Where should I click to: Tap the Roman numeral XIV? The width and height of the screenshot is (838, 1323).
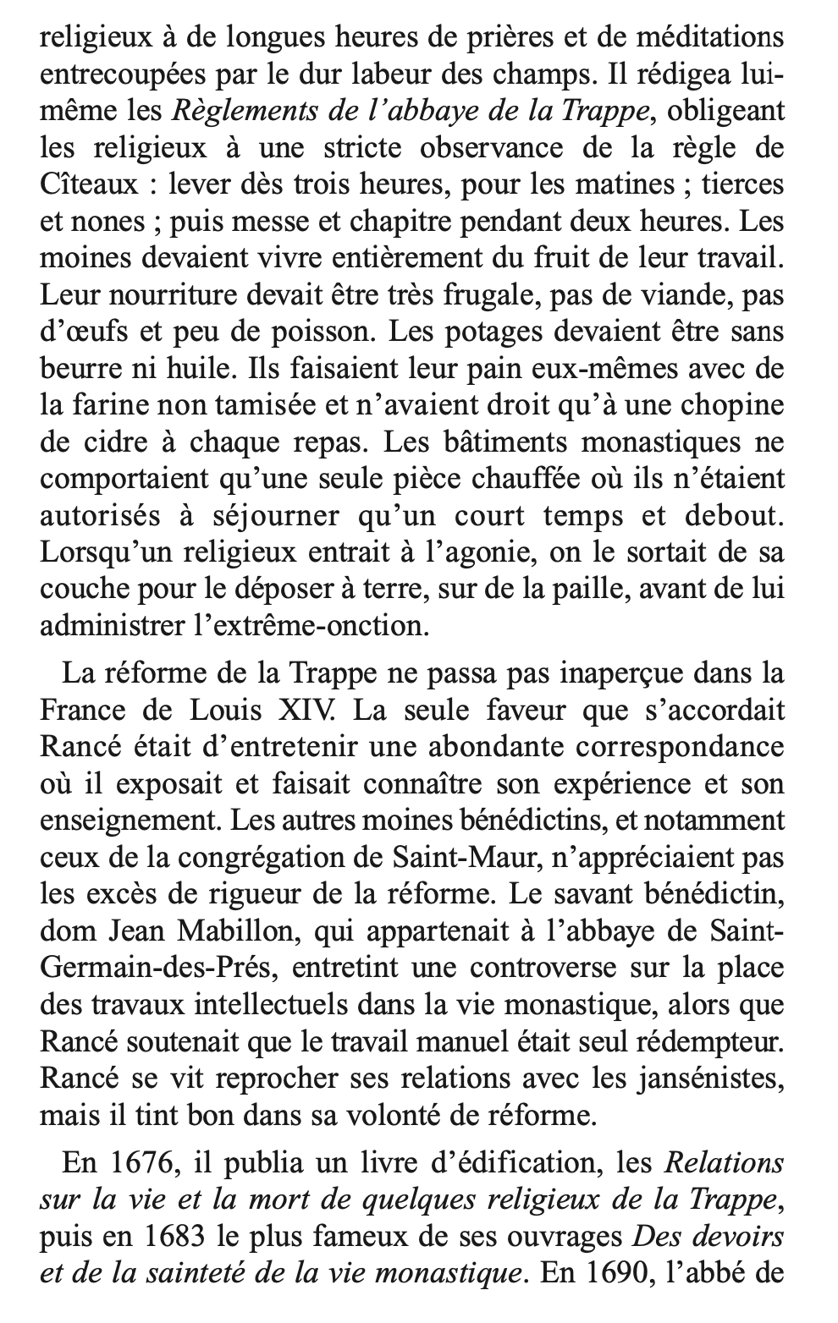(x=314, y=711)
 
